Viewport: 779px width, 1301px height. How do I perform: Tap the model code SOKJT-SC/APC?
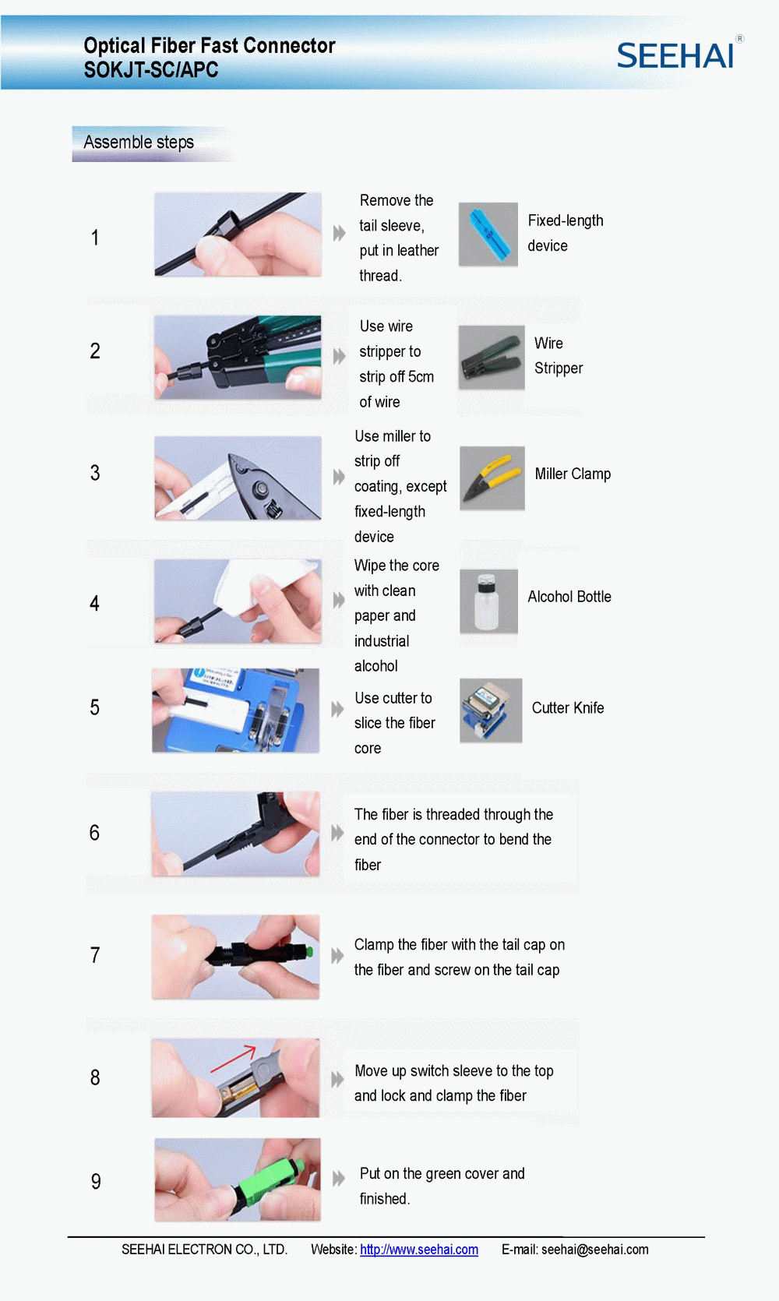tap(151, 69)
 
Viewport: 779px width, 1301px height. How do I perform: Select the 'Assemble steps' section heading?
tap(138, 143)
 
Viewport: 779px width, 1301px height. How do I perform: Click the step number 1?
tap(95, 238)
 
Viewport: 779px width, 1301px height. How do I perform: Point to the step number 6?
tap(95, 833)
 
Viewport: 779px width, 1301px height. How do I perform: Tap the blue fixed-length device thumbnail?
tap(488, 234)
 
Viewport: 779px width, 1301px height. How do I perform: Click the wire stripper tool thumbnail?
tap(492, 358)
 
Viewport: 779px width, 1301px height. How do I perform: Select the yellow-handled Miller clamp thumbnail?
tap(492, 478)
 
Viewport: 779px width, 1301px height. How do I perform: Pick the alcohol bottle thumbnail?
tap(488, 601)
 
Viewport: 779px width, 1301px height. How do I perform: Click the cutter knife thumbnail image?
tap(491, 710)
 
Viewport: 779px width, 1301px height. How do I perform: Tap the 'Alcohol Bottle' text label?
tap(569, 597)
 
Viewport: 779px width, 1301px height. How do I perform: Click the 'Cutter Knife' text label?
tap(568, 707)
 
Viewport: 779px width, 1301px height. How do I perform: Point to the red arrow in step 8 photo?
tap(233, 1059)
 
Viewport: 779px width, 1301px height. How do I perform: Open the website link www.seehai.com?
tap(419, 1250)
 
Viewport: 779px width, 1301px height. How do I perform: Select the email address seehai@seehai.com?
tap(595, 1250)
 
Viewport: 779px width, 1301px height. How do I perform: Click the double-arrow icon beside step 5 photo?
tap(337, 709)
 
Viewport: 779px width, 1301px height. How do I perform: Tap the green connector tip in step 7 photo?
tap(309, 951)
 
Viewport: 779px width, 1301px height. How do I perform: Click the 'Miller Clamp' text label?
tap(573, 474)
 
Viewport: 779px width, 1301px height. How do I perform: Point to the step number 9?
tap(96, 1181)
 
